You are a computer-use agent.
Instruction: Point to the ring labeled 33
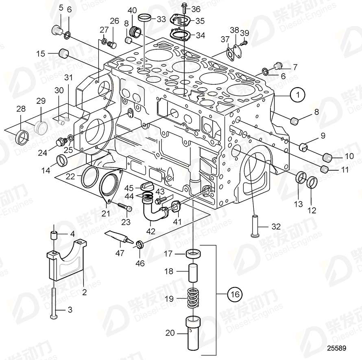pos(144,18)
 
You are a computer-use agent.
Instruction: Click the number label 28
pos(20,109)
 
